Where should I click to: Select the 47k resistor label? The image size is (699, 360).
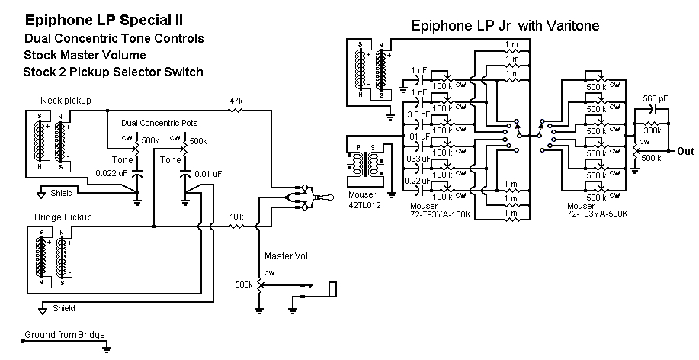coord(236,101)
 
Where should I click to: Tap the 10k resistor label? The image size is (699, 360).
coord(236,217)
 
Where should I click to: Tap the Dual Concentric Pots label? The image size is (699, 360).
coord(158,122)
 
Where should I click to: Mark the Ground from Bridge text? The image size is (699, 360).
coord(64,334)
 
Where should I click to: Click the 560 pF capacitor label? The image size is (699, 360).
coord(655,98)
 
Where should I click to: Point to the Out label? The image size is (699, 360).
coord(685,151)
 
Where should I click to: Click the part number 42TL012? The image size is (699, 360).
coord(363,205)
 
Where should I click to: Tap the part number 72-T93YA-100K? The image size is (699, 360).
coord(441,214)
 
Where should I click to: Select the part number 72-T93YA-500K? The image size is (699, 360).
coord(598,214)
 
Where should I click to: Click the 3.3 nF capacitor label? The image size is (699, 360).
coord(418,114)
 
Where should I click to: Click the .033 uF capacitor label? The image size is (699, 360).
coord(417,158)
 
